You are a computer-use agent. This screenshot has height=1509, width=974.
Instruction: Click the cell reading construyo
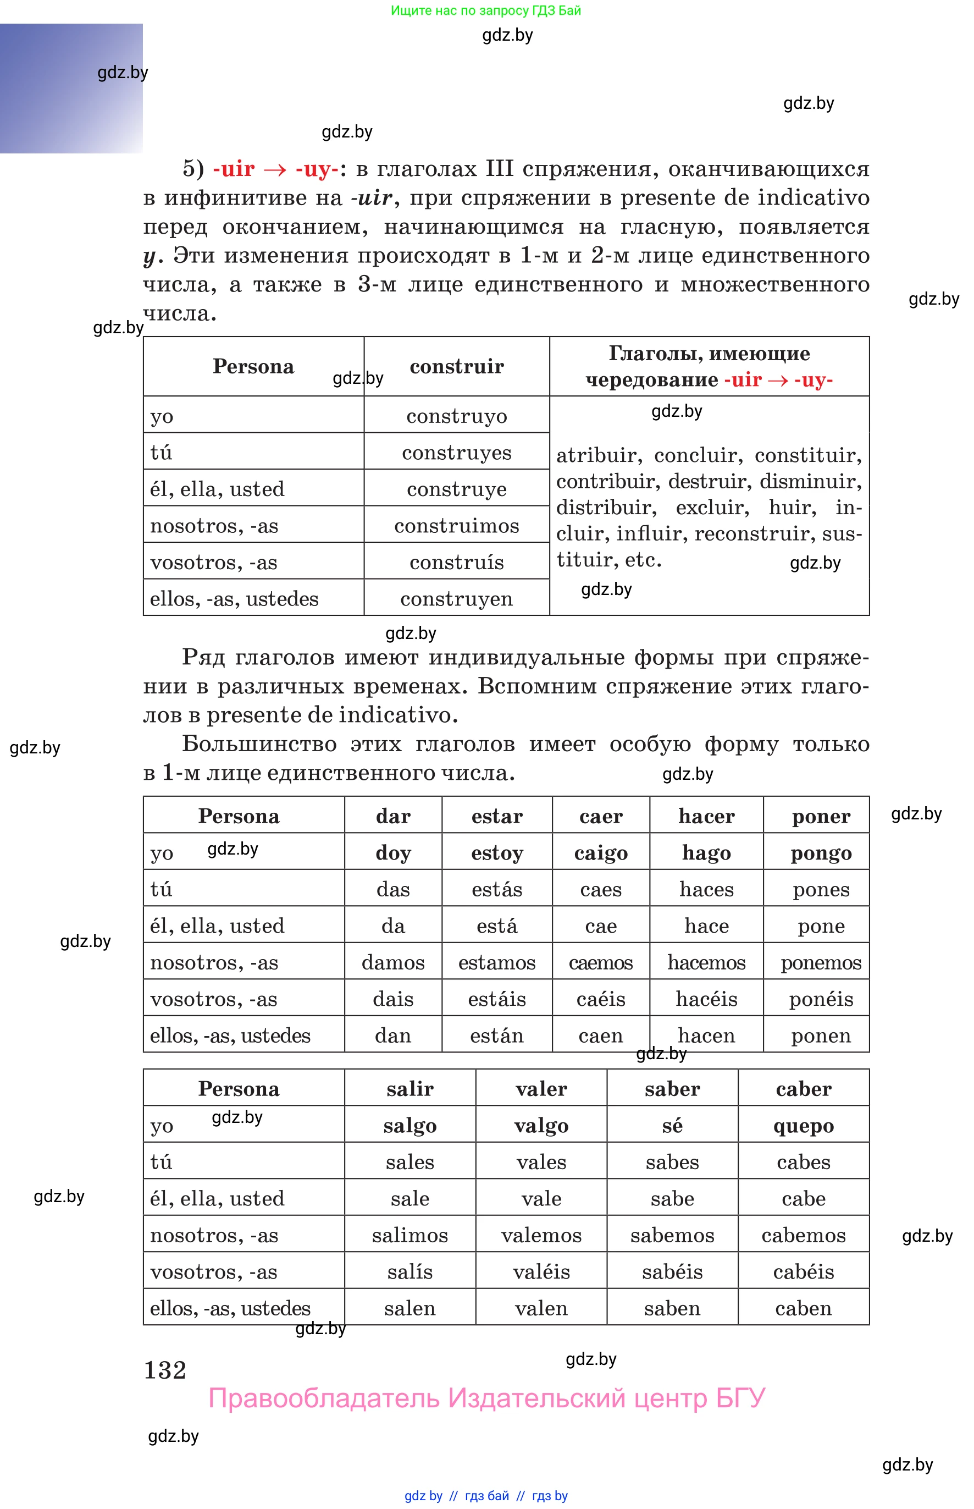456,416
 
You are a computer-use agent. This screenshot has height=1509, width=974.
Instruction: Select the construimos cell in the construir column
456,525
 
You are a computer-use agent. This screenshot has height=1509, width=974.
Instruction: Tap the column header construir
456,366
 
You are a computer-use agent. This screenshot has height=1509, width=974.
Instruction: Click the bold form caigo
600,852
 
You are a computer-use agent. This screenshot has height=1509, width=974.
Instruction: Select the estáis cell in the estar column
496,999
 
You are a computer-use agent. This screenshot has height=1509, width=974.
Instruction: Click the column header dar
393,816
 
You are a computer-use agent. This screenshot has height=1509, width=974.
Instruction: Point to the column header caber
803,1088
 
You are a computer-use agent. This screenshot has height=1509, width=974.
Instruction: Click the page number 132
165,1370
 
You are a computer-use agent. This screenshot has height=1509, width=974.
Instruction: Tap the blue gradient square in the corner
71,89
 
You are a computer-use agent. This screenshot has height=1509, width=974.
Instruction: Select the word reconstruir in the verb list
751,533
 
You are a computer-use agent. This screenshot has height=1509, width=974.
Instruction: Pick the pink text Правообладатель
323,1398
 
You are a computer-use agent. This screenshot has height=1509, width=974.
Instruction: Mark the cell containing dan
393,1035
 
